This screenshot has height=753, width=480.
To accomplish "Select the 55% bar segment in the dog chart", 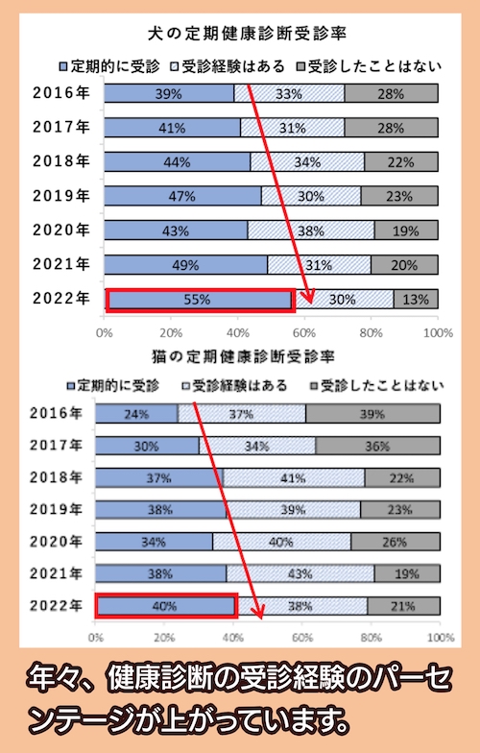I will (x=199, y=300).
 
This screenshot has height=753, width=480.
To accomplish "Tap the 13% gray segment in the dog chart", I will (x=416, y=300).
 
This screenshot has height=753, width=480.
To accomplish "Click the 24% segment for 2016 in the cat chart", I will (x=137, y=414).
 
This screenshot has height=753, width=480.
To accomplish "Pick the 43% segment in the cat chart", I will (x=300, y=574).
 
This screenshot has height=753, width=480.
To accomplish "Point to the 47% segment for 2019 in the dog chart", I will (x=181, y=196).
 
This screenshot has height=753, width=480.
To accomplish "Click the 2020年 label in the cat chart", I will (x=57, y=542).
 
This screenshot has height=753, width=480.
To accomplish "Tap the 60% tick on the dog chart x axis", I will (x=304, y=332).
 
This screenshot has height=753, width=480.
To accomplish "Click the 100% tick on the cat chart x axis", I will (x=439, y=637).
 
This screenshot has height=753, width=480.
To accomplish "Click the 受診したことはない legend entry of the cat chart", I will (x=383, y=386).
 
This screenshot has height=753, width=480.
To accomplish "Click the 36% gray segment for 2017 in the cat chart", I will (x=377, y=446).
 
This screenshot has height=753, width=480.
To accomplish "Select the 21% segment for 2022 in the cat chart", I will (x=403, y=606).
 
